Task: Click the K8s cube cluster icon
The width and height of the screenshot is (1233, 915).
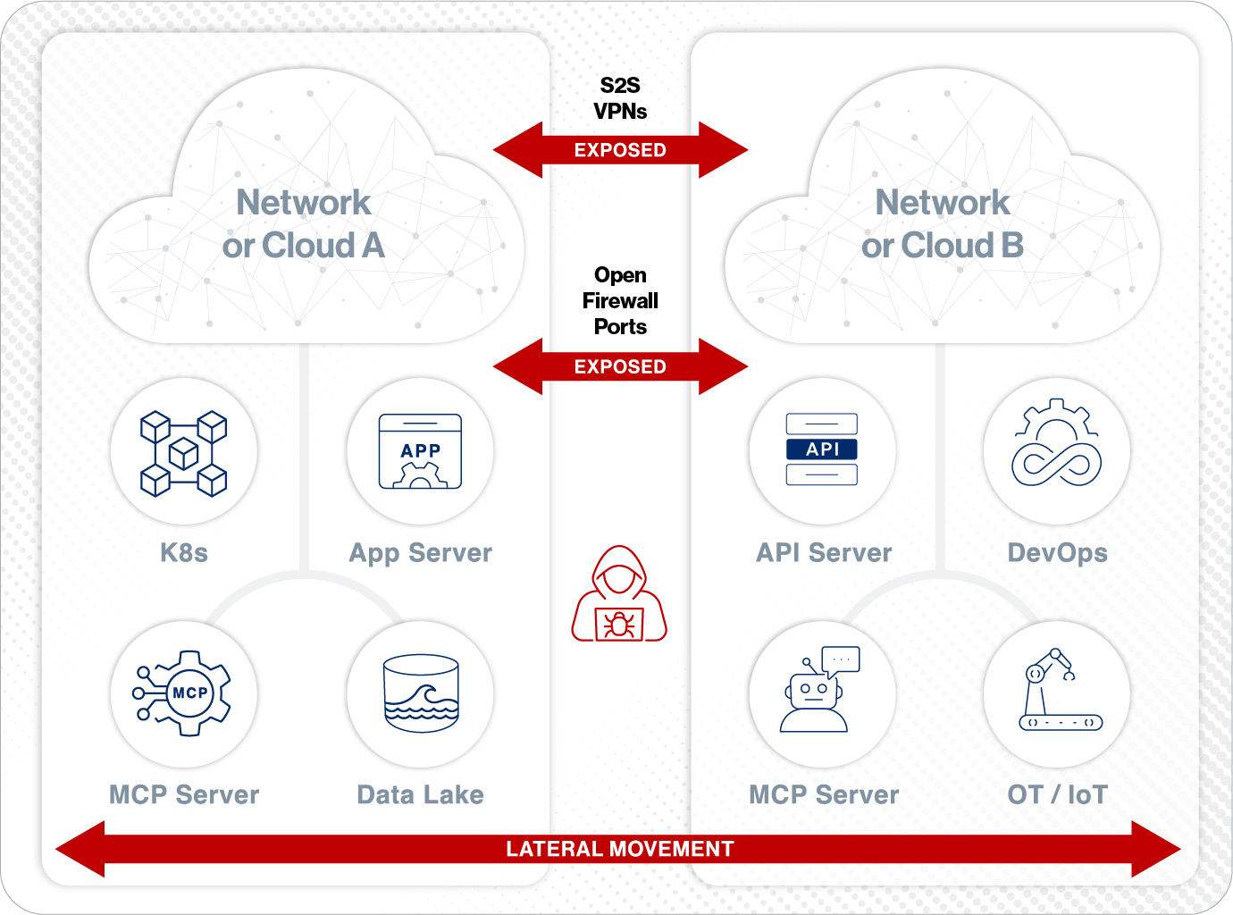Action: pyautogui.click(x=183, y=453)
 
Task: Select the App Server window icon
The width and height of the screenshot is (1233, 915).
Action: pyautogui.click(x=420, y=451)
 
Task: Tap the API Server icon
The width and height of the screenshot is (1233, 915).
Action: pyautogui.click(x=822, y=449)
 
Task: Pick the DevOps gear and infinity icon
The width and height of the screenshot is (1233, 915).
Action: pyautogui.click(x=1056, y=445)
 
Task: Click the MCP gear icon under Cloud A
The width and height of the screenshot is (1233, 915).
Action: pyautogui.click(x=183, y=693)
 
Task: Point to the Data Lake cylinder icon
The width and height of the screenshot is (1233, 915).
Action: pyautogui.click(x=420, y=693)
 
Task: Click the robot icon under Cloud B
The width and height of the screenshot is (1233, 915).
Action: pyautogui.click(x=818, y=692)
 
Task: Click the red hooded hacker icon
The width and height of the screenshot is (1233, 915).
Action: pyautogui.click(x=619, y=593)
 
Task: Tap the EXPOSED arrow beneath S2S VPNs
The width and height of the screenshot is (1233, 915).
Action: pyautogui.click(x=620, y=150)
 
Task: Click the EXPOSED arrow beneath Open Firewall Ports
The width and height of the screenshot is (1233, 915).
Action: pyautogui.click(x=620, y=366)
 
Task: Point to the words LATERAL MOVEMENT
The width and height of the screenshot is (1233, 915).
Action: pyautogui.click(x=620, y=849)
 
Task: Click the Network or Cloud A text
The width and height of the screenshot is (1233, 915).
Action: pyautogui.click(x=304, y=224)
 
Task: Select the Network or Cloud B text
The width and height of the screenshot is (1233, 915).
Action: pyautogui.click(x=943, y=224)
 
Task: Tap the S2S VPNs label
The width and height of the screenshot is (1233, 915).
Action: pyautogui.click(x=620, y=98)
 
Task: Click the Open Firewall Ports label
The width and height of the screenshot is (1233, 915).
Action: pyautogui.click(x=620, y=301)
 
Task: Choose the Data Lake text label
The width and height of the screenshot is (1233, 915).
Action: pyautogui.click(x=420, y=794)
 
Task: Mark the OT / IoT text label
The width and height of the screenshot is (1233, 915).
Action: pyautogui.click(x=1057, y=794)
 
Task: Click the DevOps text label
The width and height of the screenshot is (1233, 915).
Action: pyautogui.click(x=1057, y=553)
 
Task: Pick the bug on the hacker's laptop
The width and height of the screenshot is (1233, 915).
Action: pyautogui.click(x=619, y=625)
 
